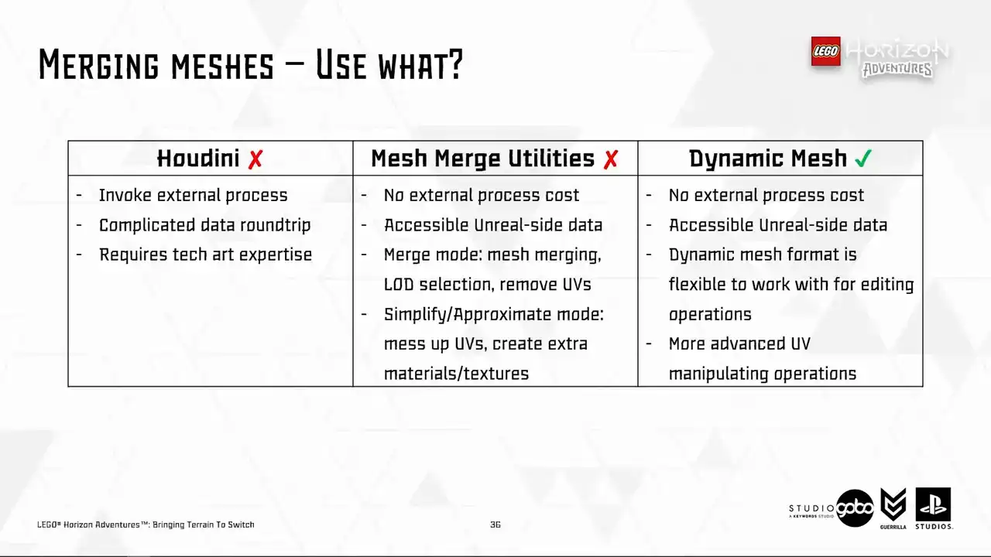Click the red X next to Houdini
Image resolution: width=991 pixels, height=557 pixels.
(255, 159)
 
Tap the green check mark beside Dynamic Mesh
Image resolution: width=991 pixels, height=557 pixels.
(863, 159)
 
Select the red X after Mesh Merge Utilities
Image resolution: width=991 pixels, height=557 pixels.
(611, 159)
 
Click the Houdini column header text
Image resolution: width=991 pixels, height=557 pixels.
(198, 159)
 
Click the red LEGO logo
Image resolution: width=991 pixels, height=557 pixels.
(825, 51)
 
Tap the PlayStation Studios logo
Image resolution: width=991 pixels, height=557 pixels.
(934, 508)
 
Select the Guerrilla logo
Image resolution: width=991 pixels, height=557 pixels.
(893, 508)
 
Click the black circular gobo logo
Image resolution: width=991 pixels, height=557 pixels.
(855, 508)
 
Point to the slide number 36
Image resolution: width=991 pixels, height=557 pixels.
(495, 525)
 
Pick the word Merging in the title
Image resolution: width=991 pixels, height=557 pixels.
(98, 64)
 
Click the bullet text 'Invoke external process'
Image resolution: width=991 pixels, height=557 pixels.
(193, 196)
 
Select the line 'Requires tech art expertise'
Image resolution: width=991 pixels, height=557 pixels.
(205, 255)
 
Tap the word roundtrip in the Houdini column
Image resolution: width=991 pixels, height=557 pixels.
(275, 225)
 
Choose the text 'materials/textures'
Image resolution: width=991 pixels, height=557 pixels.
(456, 374)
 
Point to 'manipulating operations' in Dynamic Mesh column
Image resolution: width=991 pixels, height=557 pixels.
(763, 374)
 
